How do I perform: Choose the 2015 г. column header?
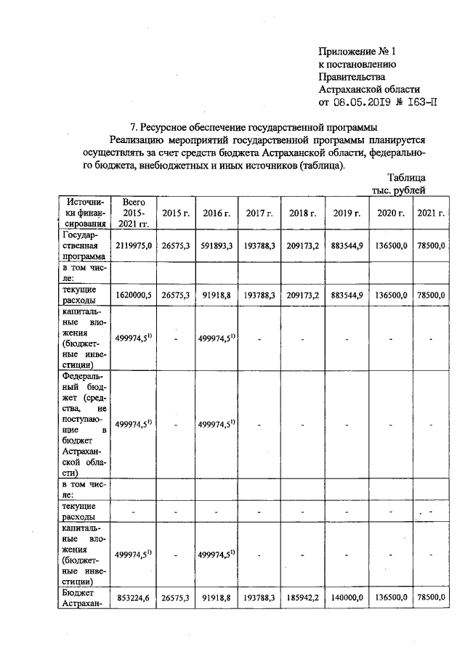coord(176,213)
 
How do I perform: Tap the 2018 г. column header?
coord(303,213)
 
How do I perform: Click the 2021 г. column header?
coord(430,213)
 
